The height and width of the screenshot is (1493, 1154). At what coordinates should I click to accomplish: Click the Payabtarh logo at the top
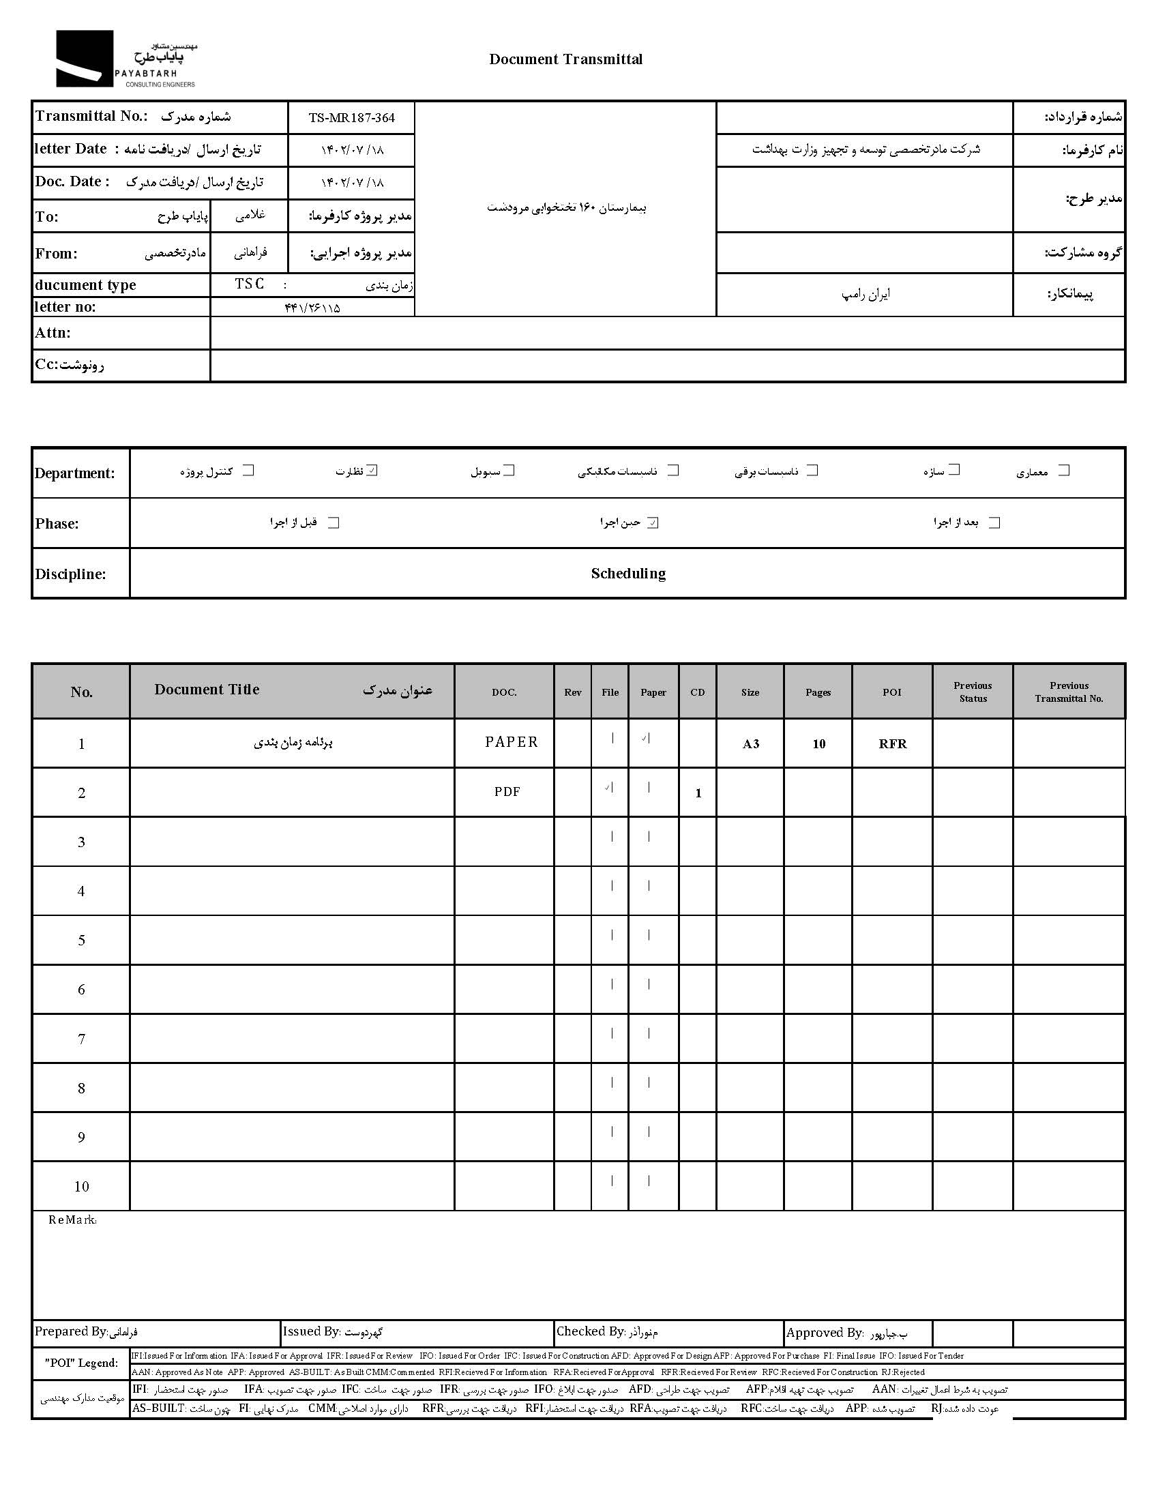(x=125, y=59)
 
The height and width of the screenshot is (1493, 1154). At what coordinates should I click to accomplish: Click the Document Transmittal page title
(x=565, y=59)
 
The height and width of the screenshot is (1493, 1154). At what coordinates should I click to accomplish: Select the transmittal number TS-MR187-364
(x=351, y=117)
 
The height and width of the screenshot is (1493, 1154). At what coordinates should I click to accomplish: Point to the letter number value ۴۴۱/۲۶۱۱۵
(x=312, y=308)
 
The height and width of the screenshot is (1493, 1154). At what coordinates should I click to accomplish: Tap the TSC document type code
(x=249, y=284)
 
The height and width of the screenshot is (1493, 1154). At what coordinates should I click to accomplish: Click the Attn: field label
(x=53, y=333)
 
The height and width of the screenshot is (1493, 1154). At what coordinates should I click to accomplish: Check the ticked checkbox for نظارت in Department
(x=372, y=471)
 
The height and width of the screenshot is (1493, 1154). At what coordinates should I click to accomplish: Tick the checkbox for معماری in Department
(x=1063, y=471)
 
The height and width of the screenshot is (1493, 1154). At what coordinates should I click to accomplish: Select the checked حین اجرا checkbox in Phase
(x=653, y=523)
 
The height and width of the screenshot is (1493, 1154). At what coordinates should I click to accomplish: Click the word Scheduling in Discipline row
(x=627, y=574)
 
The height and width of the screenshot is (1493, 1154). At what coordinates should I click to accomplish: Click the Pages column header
(x=818, y=692)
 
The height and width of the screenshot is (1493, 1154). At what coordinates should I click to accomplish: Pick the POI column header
(x=891, y=692)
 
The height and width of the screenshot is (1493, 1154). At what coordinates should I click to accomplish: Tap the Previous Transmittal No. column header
(x=1069, y=692)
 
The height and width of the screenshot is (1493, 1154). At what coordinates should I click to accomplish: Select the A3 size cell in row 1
(x=750, y=743)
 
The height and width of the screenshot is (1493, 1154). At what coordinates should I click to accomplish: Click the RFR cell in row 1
(x=892, y=743)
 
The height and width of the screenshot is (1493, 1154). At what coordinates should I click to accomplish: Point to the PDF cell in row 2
(x=507, y=792)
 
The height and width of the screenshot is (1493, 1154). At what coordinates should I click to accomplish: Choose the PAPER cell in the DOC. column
(x=511, y=742)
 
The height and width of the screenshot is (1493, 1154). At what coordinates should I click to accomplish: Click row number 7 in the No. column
(x=81, y=1039)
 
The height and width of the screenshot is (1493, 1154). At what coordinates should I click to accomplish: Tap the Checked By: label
(x=590, y=1331)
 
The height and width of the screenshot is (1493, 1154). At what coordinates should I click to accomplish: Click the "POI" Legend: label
(x=81, y=1363)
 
